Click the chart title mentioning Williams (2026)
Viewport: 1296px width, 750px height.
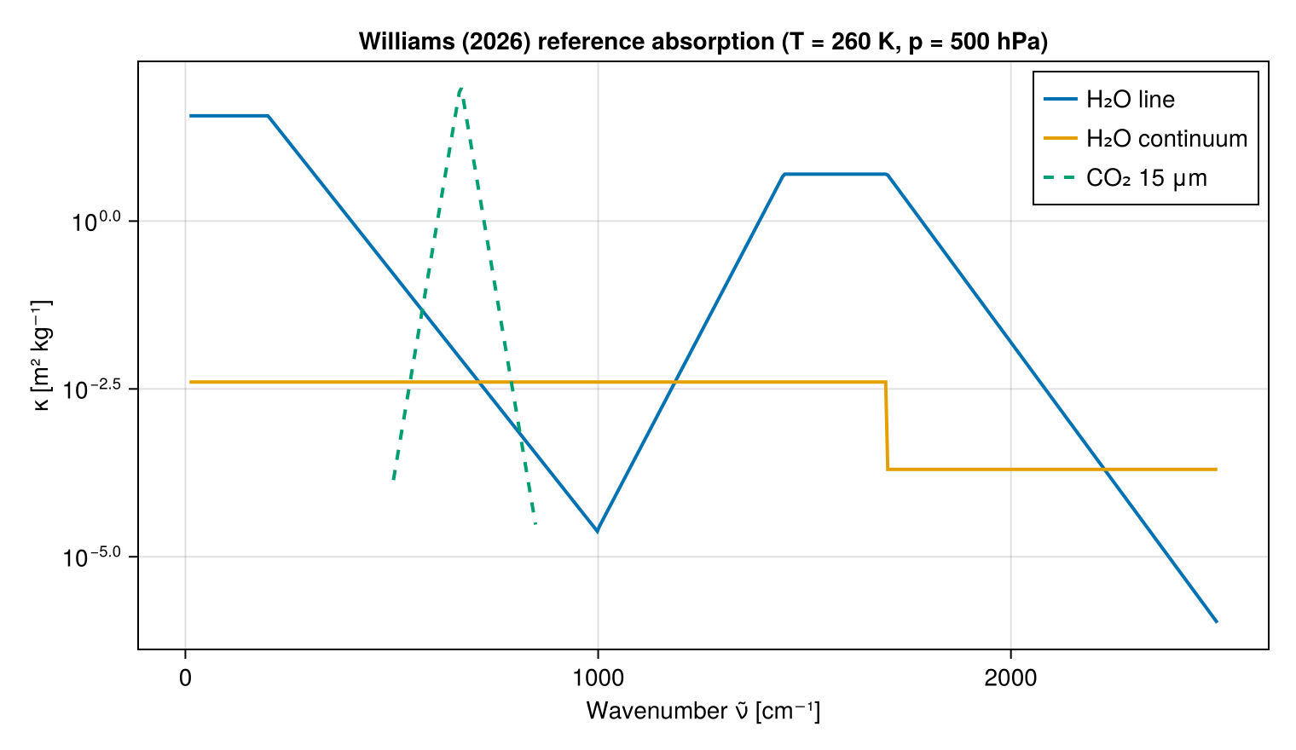click(x=703, y=42)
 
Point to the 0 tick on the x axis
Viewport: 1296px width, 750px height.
click(x=185, y=678)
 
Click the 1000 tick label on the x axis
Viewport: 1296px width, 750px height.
click(x=598, y=678)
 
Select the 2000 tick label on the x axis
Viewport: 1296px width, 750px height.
click(x=1010, y=678)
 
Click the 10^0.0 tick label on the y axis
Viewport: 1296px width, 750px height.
click(x=96, y=222)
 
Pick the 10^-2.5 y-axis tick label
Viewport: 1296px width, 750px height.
click(x=91, y=389)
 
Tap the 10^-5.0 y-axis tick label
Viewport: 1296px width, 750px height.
click(x=91, y=557)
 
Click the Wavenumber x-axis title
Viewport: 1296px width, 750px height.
click(x=703, y=712)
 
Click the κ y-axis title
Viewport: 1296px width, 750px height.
click(x=42, y=355)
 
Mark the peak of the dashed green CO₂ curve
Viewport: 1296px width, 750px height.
click(x=460, y=89)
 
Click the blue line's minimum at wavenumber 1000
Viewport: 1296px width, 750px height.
click(x=597, y=531)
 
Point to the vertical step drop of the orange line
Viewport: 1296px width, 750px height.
click(x=887, y=425)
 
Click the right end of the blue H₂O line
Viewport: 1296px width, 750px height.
click(x=1217, y=621)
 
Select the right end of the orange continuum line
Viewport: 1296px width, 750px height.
click(x=1217, y=470)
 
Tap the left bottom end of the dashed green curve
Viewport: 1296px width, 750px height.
click(x=393, y=479)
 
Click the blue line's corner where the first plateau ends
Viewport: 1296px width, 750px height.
click(x=268, y=116)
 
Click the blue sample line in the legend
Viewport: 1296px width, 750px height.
click(x=1061, y=100)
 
